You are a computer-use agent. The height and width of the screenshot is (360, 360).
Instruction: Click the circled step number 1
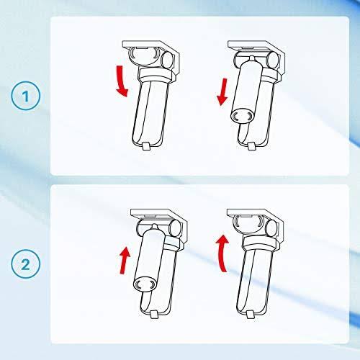click(26, 96)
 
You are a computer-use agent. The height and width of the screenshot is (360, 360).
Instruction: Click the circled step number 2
click(26, 264)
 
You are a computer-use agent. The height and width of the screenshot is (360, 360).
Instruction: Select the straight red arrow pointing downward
click(222, 91)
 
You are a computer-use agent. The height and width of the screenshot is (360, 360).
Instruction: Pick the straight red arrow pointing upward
click(125, 261)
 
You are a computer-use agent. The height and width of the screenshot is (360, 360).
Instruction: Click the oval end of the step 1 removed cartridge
click(243, 117)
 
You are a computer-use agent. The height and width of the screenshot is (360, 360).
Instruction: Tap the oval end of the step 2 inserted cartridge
click(145, 284)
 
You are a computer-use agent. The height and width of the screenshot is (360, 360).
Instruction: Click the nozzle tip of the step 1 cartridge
click(251, 58)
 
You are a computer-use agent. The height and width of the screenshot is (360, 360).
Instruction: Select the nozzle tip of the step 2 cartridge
click(154, 226)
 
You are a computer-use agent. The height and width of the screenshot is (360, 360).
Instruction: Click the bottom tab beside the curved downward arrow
click(146, 146)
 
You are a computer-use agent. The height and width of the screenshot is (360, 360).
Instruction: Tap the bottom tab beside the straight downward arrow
click(251, 146)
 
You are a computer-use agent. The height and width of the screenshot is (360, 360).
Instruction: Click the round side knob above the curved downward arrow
click(167, 59)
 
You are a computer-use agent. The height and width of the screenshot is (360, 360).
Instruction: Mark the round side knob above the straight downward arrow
click(273, 59)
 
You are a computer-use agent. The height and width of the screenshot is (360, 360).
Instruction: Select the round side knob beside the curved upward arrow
click(271, 228)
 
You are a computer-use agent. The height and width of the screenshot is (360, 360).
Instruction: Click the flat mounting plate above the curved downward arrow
click(144, 45)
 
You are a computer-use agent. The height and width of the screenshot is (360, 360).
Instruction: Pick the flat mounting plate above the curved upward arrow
click(250, 212)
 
